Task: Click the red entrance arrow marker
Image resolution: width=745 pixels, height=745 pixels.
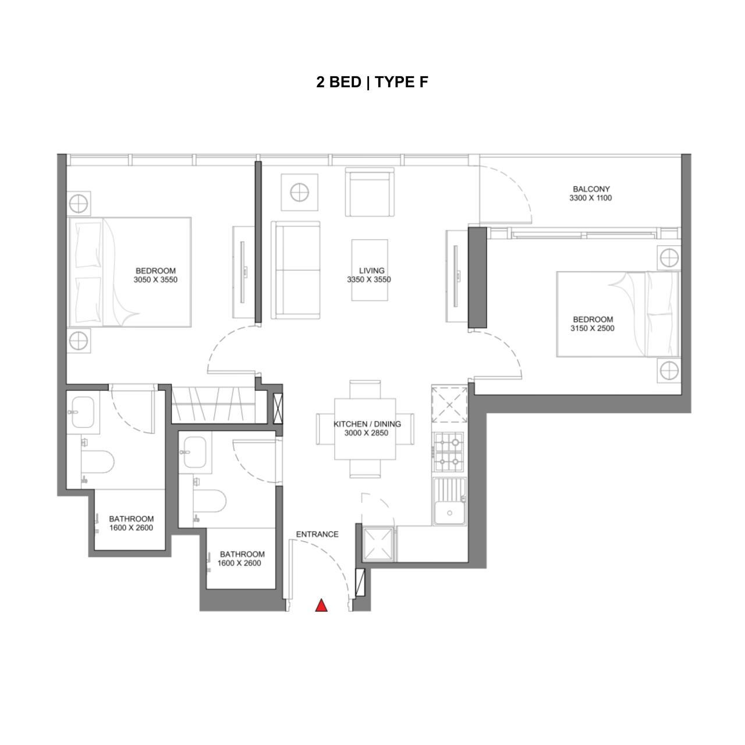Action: [x=321, y=605]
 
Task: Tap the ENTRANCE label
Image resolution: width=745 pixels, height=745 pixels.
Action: [x=317, y=534]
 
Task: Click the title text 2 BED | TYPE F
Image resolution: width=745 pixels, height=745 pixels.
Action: [x=372, y=82]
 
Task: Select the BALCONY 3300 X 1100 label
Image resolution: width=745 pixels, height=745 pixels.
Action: [x=591, y=193]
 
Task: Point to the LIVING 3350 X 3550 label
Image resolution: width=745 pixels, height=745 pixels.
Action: [x=369, y=275]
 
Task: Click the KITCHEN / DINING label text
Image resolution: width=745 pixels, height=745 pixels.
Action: [x=367, y=424]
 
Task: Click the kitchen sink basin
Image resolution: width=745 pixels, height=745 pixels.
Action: [x=450, y=502]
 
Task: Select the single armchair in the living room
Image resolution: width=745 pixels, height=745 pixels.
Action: [x=370, y=192]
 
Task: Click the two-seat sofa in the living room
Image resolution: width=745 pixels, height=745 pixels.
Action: [x=296, y=270]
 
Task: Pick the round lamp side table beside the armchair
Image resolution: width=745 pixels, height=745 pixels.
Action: [x=300, y=192]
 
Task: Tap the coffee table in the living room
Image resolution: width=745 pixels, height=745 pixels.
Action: [x=370, y=270]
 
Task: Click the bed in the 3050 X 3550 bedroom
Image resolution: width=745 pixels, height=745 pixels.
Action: [x=130, y=272]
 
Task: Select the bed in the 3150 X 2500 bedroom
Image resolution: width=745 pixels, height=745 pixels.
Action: [x=618, y=314]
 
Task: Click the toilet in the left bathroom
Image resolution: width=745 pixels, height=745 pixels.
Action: [x=97, y=461]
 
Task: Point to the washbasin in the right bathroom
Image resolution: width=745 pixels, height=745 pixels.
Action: [x=194, y=452]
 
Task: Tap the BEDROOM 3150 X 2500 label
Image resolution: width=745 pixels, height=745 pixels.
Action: [x=593, y=324]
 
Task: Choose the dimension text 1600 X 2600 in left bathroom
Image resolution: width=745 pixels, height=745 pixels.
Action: [x=132, y=528]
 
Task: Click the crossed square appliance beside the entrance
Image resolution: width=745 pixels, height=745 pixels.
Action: [x=378, y=544]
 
